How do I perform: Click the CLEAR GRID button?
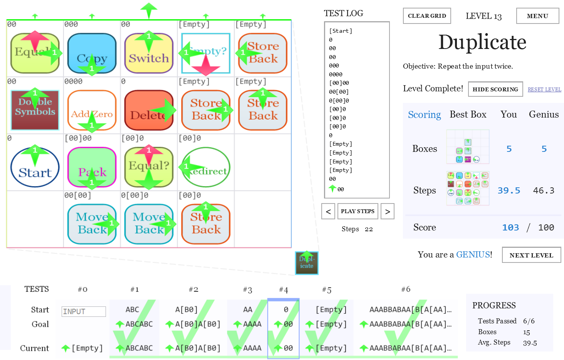427,16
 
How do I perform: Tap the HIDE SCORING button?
495,89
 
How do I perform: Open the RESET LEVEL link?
544,89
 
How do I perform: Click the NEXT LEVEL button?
531,255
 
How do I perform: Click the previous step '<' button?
328,211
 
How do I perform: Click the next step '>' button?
388,211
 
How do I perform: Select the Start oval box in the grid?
35,167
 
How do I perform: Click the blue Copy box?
92,53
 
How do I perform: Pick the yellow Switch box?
149,53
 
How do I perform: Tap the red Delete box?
149,110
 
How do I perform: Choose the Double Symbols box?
35,110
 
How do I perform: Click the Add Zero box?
92,110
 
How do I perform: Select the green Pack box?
92,167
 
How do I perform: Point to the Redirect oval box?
206,167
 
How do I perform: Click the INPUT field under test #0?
84,311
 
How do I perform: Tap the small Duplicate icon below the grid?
307,263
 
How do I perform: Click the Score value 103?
510,227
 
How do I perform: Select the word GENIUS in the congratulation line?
473,254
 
